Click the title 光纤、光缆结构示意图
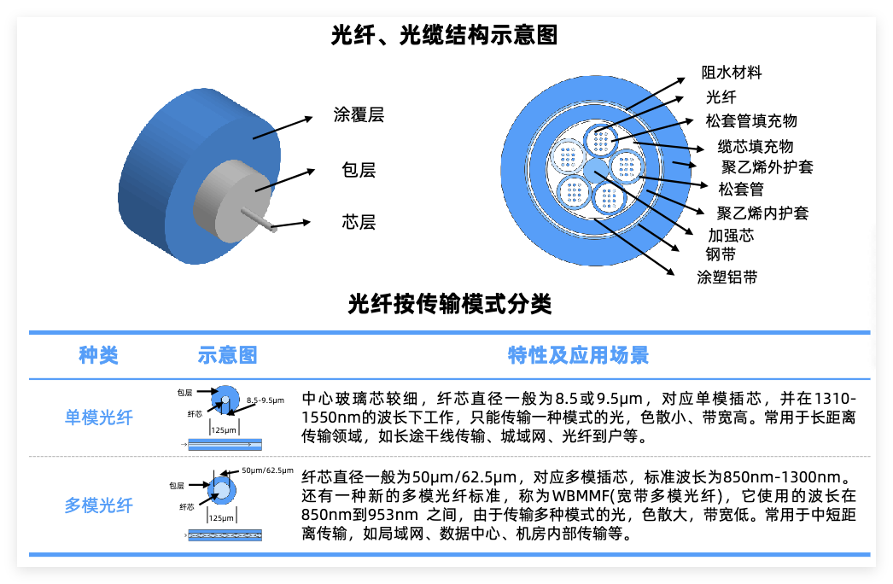click(x=444, y=35)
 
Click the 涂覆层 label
click(x=359, y=114)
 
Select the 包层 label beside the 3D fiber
click(x=359, y=170)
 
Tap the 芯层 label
click(x=359, y=222)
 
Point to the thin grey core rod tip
click(x=273, y=229)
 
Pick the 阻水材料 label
click(x=732, y=73)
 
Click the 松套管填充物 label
click(x=751, y=120)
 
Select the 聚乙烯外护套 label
click(x=768, y=167)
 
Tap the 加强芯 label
click(x=731, y=236)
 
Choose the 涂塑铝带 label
click(x=727, y=277)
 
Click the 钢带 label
click(x=721, y=254)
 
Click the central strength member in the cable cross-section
click(x=596, y=170)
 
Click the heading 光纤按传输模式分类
click(x=450, y=304)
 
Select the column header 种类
click(x=98, y=355)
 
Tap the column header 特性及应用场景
click(x=579, y=355)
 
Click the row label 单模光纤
click(x=98, y=417)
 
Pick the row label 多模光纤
click(x=98, y=505)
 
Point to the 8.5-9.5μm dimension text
click(x=266, y=400)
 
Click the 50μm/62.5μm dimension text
click(x=268, y=470)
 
